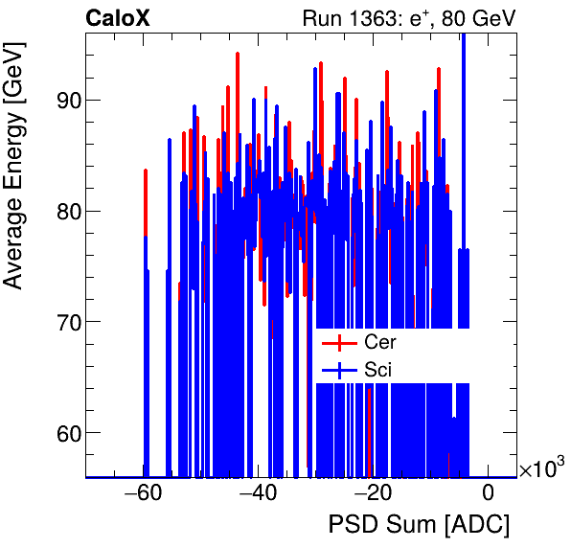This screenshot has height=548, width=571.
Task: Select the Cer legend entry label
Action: (x=379, y=342)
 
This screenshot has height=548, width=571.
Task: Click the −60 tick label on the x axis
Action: (x=141, y=493)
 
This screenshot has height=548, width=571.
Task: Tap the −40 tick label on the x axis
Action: (x=256, y=493)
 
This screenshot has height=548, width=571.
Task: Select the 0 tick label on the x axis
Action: (x=488, y=493)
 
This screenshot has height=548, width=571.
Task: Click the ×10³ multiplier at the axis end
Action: (x=541, y=468)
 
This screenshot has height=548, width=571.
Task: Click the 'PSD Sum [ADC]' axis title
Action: (x=419, y=525)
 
